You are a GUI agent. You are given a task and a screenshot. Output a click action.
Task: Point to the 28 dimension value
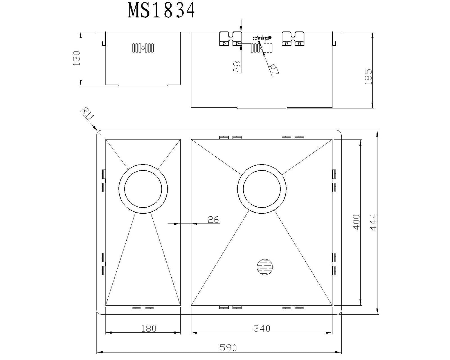coord(237,67)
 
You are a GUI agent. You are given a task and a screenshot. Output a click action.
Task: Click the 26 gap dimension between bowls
coord(214,220)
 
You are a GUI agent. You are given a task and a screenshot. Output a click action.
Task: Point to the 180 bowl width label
coord(148,328)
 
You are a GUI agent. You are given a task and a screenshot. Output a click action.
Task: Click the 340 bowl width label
coord(262,328)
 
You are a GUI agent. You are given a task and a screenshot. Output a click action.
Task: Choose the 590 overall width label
coord(228,348)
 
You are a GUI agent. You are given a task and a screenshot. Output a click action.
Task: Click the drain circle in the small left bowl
coord(143,189)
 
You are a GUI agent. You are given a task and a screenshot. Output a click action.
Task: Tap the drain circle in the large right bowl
coord(262,189)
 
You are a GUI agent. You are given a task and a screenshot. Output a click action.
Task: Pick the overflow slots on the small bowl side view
coord(143,48)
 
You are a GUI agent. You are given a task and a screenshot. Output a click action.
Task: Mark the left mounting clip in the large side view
coord(231,39)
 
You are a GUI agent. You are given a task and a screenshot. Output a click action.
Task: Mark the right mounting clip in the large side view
coord(293,39)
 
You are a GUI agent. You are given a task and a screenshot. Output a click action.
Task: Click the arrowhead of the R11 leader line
coord(96,130)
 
